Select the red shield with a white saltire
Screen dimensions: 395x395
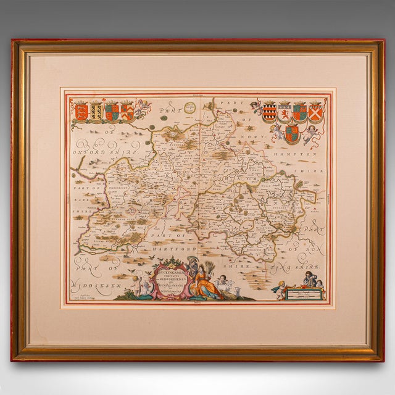tap(315, 112)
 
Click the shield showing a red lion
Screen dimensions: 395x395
tap(284, 112)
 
